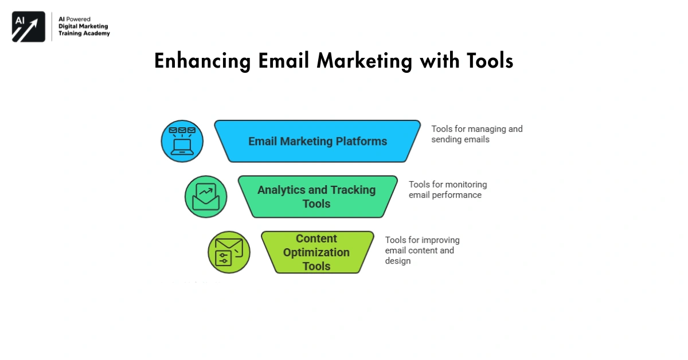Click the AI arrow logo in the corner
pos(28,26)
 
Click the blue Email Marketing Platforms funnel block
pos(317,141)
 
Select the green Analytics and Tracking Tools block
pos(317,197)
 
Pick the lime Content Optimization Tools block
pos(317,252)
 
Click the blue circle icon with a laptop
pos(182,141)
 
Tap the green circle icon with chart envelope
pos(206,197)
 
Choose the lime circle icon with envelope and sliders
pos(229,252)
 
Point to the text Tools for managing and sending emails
pos(476,134)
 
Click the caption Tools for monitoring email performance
pos(448,190)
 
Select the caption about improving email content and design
pos(422,251)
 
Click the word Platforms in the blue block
pos(361,141)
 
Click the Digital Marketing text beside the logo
pos(83,26)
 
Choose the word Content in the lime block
pos(316,238)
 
